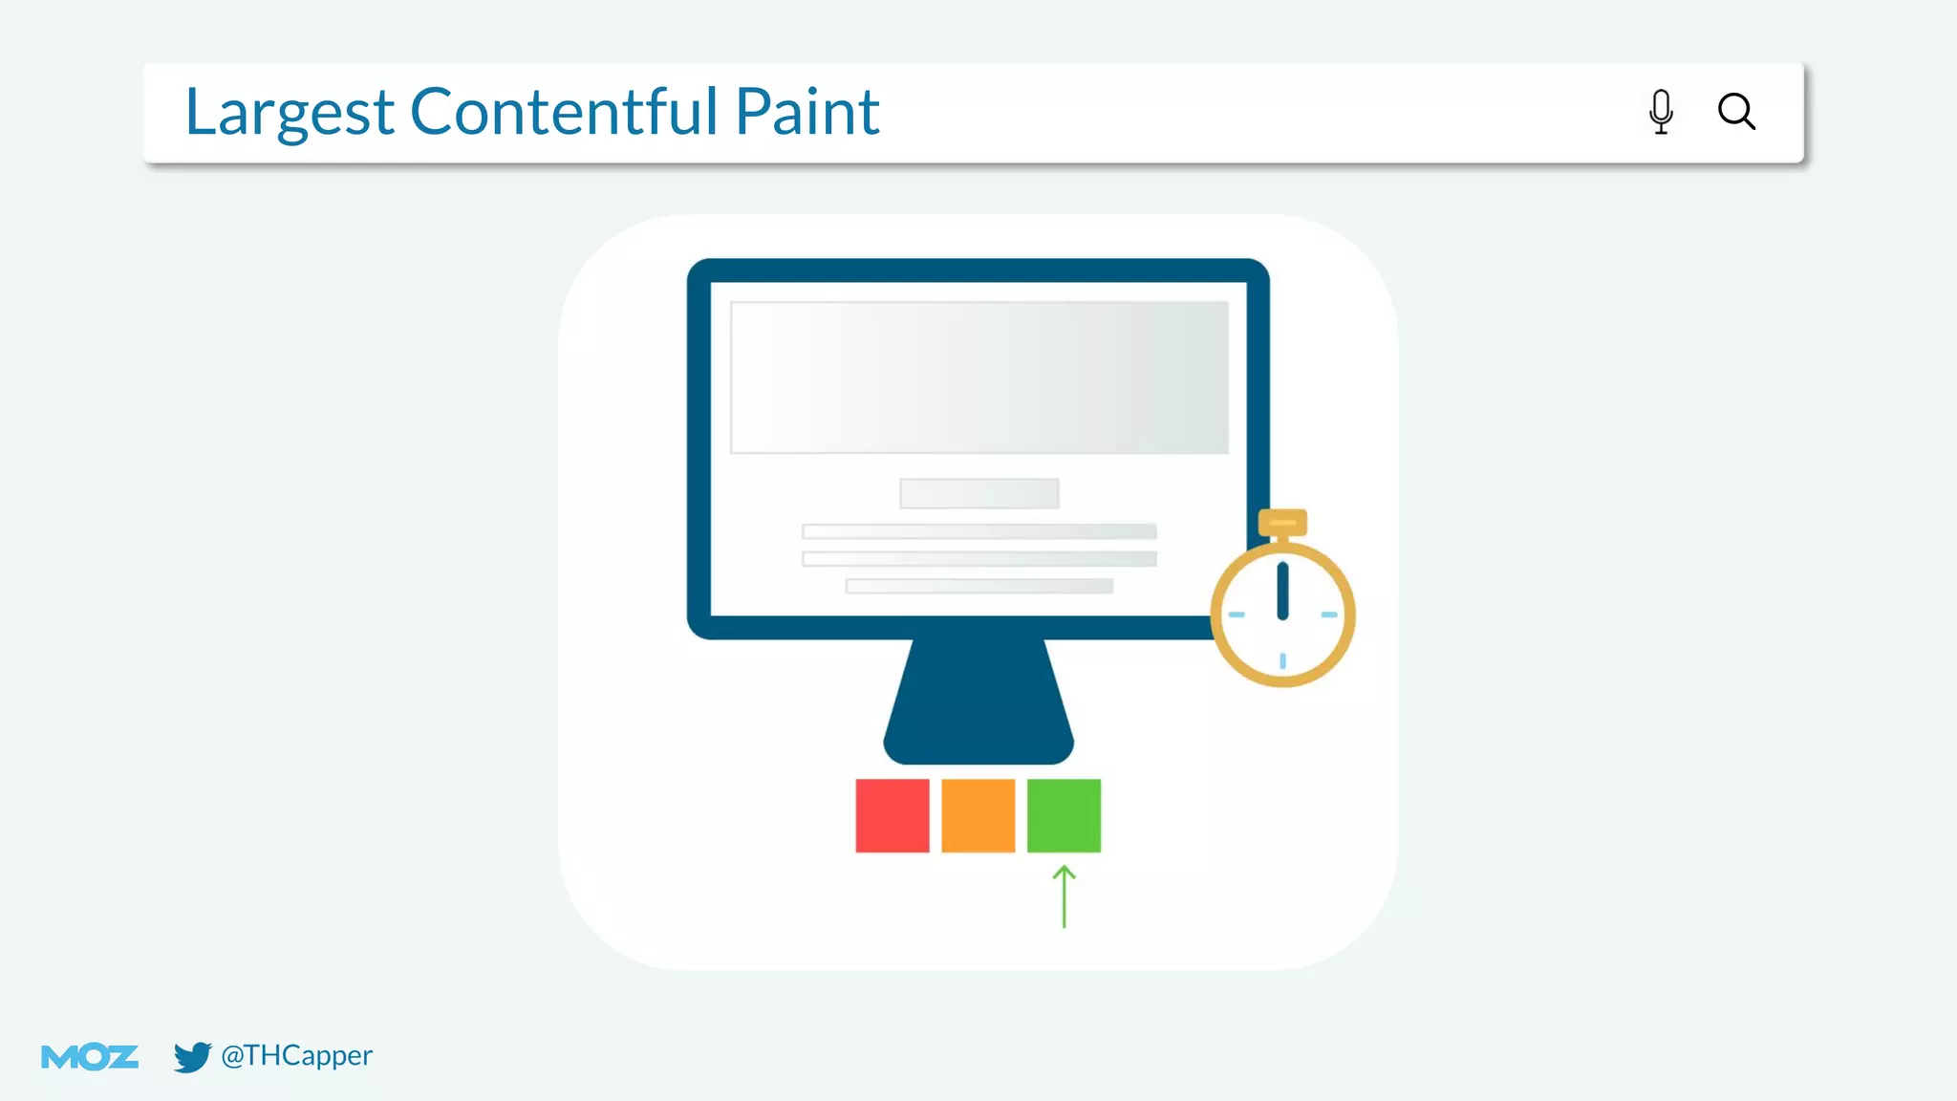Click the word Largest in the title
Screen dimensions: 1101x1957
click(289, 113)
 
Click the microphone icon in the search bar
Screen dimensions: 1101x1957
click(1661, 112)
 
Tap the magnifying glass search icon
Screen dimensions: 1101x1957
click(1736, 112)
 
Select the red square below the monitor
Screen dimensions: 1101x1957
click(892, 815)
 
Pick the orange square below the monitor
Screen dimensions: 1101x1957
click(978, 815)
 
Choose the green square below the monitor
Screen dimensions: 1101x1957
click(1064, 815)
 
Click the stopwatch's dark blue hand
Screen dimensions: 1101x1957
click(1282, 591)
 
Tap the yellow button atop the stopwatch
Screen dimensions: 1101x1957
click(1282, 522)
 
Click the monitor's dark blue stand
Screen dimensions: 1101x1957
click(978, 702)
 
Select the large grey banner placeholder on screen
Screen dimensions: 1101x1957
click(979, 377)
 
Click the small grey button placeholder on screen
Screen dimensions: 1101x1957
click(979, 493)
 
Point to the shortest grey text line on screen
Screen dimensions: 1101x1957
click(979, 586)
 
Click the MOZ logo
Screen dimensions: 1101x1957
click(90, 1057)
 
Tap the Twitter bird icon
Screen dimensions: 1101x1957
click(192, 1057)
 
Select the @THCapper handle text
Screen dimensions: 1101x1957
click(296, 1055)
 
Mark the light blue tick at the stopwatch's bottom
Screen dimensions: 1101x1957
click(1282, 660)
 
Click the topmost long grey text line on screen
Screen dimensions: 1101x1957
click(979, 531)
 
